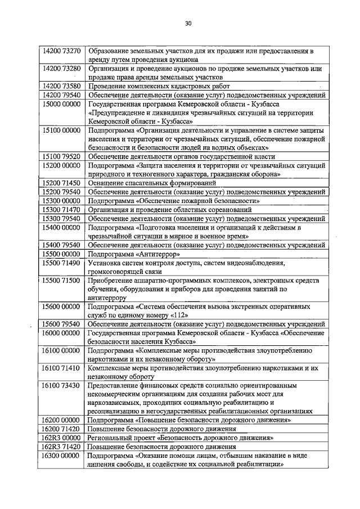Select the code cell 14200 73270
(62, 51)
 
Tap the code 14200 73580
(62, 86)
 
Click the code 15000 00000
(62, 104)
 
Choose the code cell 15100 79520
(62, 156)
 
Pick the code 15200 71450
(62, 183)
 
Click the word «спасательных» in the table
(144, 183)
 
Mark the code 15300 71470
(62, 209)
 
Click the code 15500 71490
(62, 263)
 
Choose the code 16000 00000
(62, 333)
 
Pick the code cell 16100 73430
(62, 386)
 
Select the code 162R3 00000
(62, 438)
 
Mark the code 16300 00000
(62, 456)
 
